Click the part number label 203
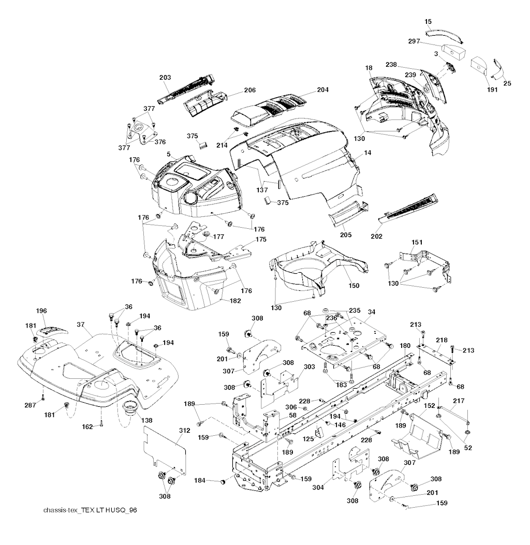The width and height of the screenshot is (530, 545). (165, 77)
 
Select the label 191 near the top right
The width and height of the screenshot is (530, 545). (492, 90)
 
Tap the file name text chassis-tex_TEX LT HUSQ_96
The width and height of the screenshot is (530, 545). (91, 510)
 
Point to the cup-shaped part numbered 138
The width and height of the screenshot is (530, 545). (129, 407)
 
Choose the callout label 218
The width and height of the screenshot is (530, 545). (441, 340)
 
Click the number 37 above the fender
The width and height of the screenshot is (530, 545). (80, 324)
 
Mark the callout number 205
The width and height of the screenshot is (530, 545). (346, 235)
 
